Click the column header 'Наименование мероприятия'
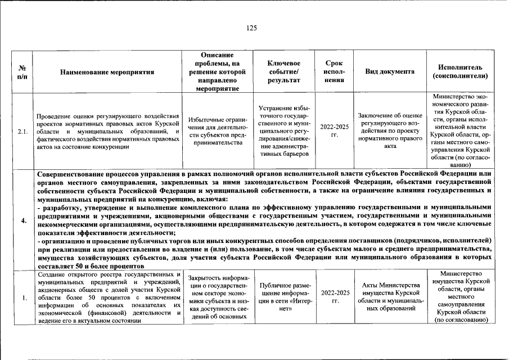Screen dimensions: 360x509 click(x=107, y=72)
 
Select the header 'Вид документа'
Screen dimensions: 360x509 click(x=390, y=71)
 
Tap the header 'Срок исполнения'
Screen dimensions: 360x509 click(x=334, y=71)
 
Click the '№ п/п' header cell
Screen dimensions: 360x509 click(x=20, y=72)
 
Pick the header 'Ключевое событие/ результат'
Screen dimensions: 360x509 click(x=283, y=71)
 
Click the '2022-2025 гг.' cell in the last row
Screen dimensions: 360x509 click(x=334, y=297)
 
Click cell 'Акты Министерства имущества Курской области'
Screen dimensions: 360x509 click(x=390, y=297)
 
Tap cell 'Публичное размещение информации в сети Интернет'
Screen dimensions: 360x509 click(x=283, y=297)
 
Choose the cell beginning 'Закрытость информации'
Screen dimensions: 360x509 click(x=215, y=297)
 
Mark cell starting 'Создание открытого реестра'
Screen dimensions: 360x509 click(x=107, y=298)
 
